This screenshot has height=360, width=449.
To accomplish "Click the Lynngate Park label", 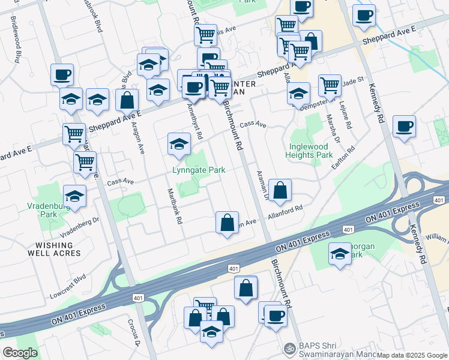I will coord(199,170).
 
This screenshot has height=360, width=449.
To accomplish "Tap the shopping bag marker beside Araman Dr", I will coord(280,191).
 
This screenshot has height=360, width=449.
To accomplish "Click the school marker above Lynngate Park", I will coord(178,145).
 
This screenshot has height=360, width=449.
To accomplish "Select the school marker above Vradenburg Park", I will coord(75,196).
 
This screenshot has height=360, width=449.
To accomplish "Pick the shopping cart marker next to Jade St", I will coord(330,86).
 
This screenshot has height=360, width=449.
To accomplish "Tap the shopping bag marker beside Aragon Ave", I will coord(127,100).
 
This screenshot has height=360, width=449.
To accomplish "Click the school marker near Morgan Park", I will coord(340,254).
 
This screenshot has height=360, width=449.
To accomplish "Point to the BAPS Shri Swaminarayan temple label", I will coord(337,348).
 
